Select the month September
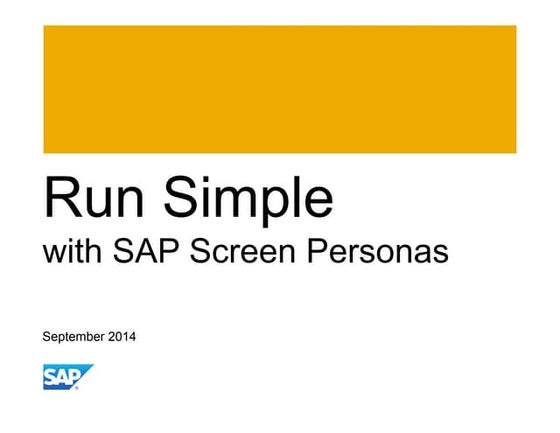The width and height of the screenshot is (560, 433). point(73,337)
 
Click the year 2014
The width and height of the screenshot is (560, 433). point(121,336)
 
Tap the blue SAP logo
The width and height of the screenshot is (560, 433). point(67,377)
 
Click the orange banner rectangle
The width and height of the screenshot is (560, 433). point(280,89)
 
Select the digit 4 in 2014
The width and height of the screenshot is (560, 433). point(132,336)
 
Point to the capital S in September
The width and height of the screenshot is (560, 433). point(46,336)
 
